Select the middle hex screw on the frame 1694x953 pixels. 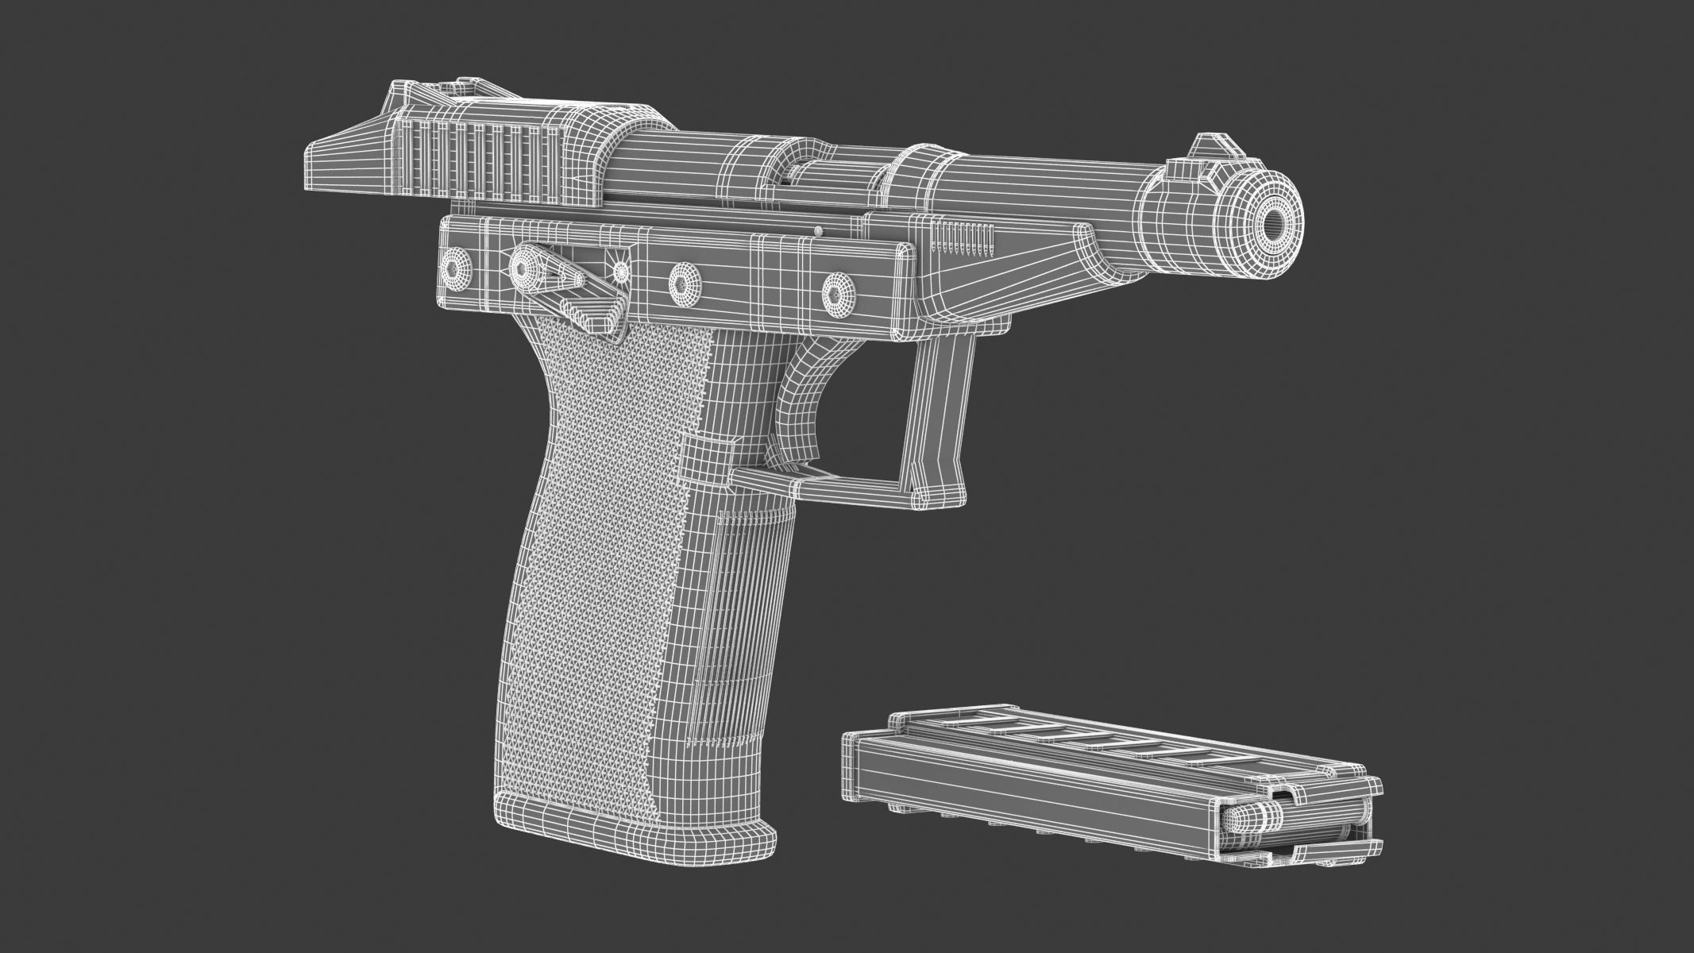(683, 280)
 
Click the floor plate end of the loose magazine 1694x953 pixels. (858, 766)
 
